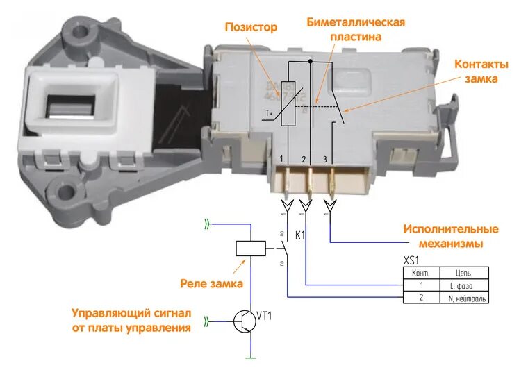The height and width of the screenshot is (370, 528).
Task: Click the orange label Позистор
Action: coord(251,28)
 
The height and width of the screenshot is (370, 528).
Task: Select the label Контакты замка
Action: coord(481,72)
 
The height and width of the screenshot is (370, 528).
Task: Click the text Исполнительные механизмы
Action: coord(451,236)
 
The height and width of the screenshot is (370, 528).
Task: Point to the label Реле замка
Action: coord(211,283)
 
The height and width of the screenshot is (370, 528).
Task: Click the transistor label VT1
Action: coord(264,316)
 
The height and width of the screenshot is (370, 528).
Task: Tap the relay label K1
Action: coord(301,235)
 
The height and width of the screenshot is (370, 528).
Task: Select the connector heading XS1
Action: coord(412,260)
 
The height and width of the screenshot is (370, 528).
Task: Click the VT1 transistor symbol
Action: coord(245,321)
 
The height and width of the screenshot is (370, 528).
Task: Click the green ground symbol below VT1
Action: coord(249,358)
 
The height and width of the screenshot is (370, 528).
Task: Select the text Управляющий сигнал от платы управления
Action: coord(131,321)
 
